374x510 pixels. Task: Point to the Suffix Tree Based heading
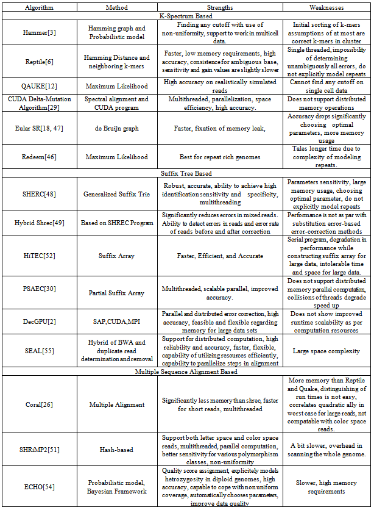(186, 173)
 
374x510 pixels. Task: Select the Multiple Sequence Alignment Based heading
(186, 371)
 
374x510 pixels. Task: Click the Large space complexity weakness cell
(326, 350)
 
